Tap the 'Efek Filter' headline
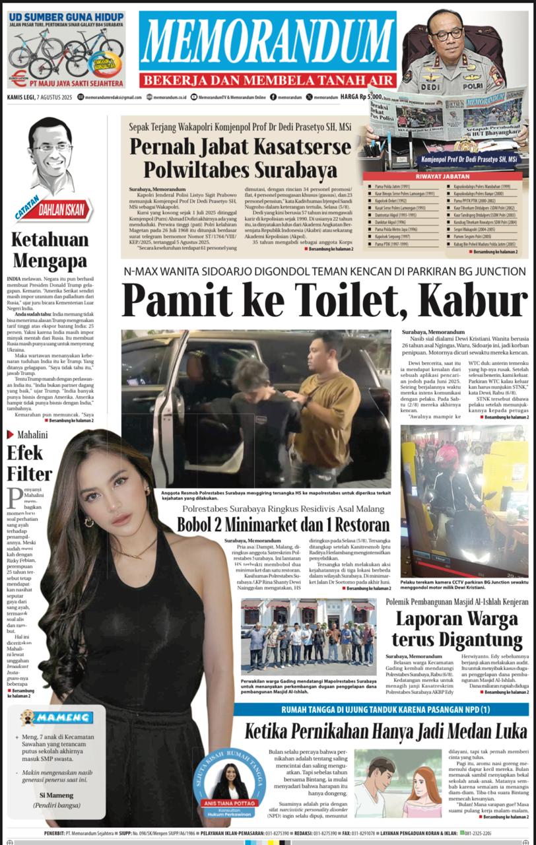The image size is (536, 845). [x=29, y=463]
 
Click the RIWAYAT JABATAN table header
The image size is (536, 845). [x=443, y=177]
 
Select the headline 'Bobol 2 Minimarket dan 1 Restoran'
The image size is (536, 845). [x=283, y=525]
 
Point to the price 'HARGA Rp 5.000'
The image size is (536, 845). [x=362, y=96]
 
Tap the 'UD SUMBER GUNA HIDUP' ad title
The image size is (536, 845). [x=66, y=15]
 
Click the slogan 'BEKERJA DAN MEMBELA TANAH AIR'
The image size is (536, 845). [x=267, y=80]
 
